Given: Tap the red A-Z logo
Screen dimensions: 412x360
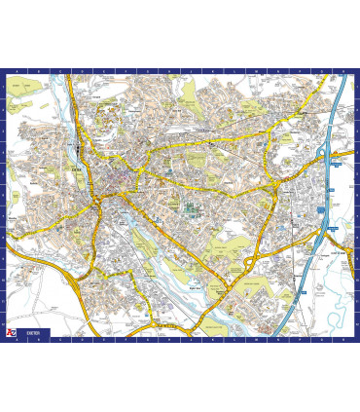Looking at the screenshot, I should click(10, 333).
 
